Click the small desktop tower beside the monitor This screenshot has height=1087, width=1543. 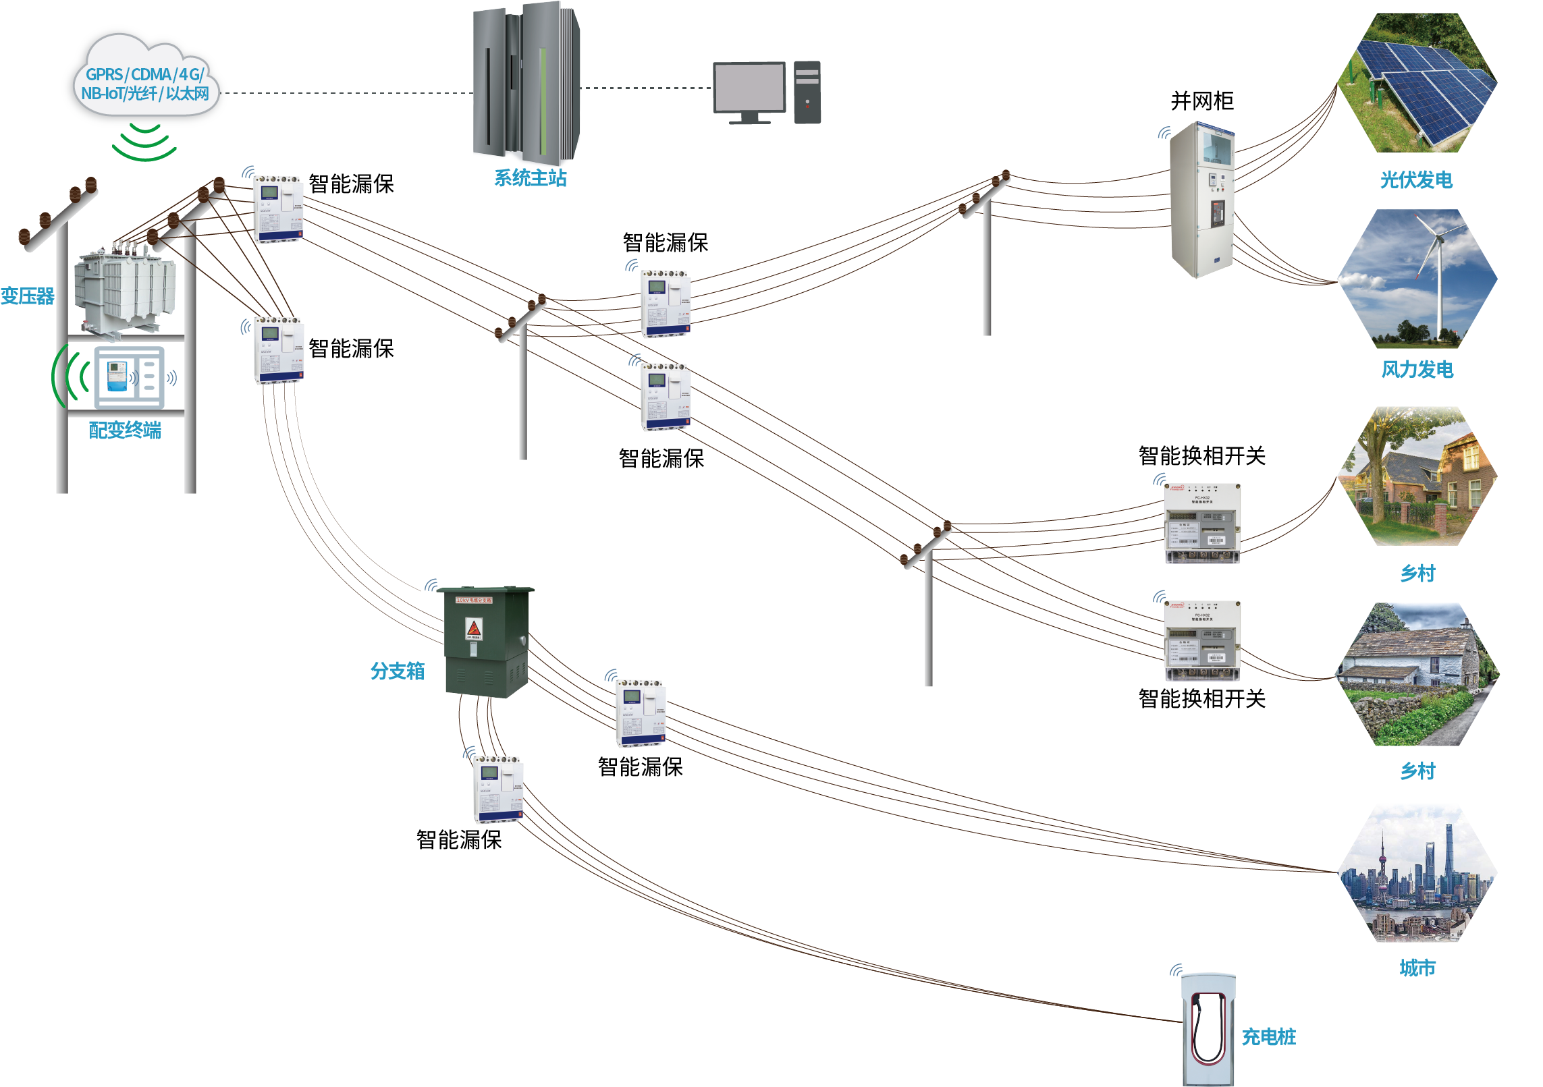[x=807, y=92]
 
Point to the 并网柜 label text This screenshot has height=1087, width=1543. [x=1202, y=101]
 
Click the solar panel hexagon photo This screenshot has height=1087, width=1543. [x=1417, y=82]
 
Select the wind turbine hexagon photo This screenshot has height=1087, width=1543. [x=1417, y=279]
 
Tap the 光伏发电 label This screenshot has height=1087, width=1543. [x=1416, y=180]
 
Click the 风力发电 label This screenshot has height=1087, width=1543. [x=1417, y=370]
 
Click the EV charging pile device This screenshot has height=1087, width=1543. [x=1208, y=1029]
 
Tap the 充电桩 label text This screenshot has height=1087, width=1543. [x=1269, y=1037]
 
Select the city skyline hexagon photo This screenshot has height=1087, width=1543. [x=1417, y=872]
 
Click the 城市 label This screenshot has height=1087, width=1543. [x=1417, y=968]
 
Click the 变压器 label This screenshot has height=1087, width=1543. [x=27, y=296]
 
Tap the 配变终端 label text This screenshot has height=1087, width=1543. [x=125, y=430]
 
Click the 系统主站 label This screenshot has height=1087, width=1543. [x=530, y=178]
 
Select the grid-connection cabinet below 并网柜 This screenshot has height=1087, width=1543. [x=1202, y=199]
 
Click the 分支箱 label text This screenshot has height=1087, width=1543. [x=397, y=671]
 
